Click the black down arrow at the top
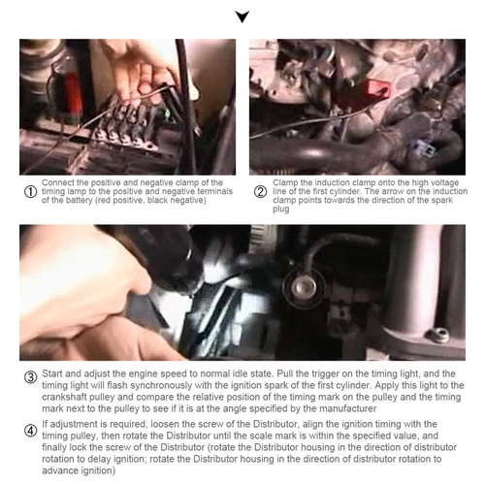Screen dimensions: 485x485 point(242,16)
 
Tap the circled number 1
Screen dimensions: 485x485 point(30,192)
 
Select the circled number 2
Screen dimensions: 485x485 point(260,192)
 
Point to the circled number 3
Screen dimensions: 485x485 point(31,377)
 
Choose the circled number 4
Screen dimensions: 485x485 point(31,431)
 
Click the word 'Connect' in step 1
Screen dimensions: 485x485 point(58,182)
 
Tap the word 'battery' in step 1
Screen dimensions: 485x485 point(80,201)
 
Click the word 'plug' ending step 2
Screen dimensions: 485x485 point(280,210)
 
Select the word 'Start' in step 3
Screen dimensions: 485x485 point(53,373)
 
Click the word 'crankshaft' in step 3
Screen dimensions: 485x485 point(60,397)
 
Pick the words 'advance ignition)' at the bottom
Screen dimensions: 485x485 point(79,470)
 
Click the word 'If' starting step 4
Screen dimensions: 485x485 point(45,424)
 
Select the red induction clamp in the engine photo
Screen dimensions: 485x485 point(377,88)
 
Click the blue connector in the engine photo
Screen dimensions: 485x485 point(422,148)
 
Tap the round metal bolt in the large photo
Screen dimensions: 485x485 point(304,287)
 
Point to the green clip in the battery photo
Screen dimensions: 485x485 point(167,113)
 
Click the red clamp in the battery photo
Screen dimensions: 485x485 point(72,94)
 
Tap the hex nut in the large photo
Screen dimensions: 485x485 point(438,335)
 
